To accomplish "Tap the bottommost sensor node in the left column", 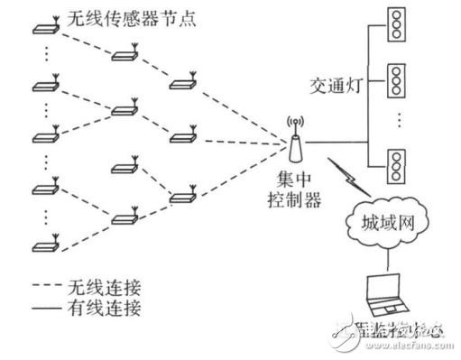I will point(44,245).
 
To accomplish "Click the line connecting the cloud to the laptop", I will point(386,258).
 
